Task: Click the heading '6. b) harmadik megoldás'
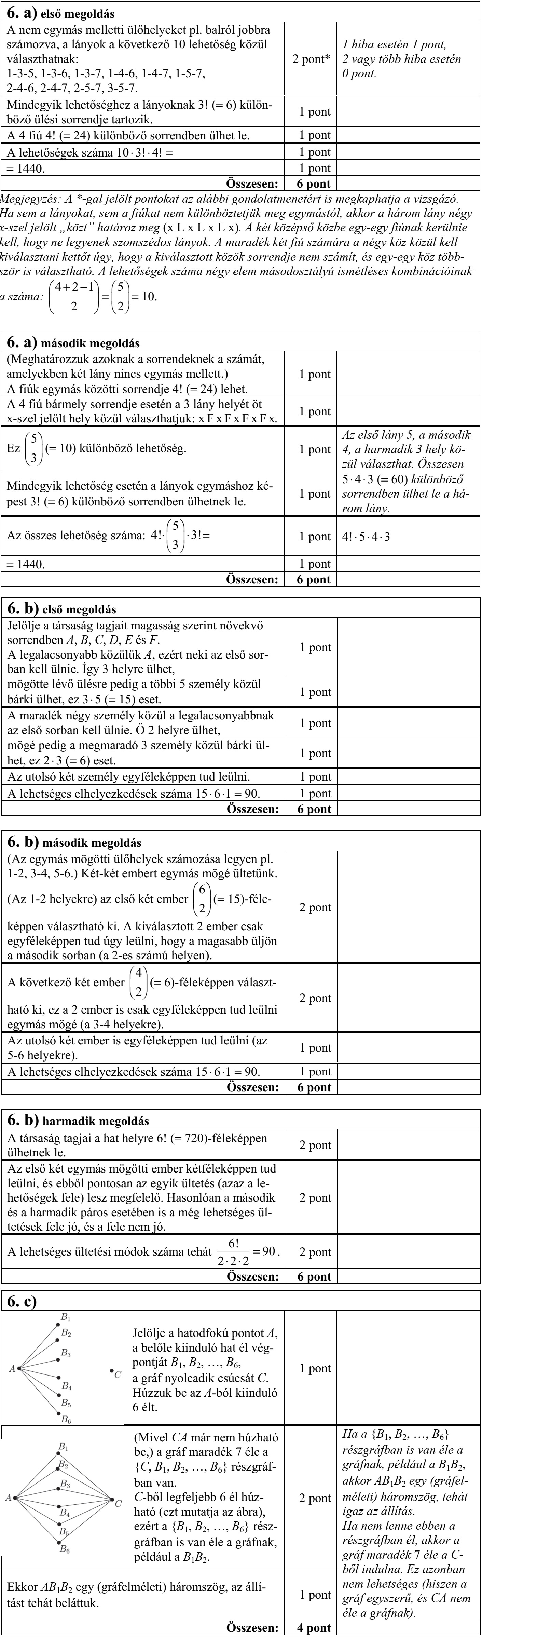click(x=78, y=1121)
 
